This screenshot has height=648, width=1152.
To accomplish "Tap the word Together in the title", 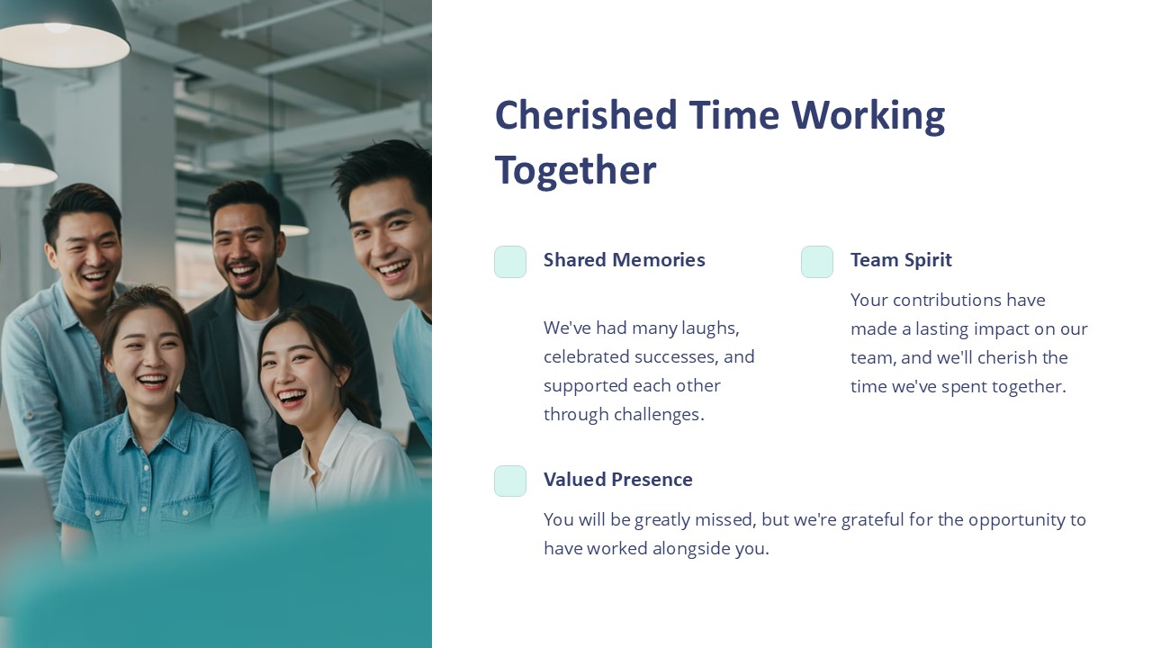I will pos(575,170).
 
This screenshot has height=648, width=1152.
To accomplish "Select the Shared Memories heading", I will pos(624,260).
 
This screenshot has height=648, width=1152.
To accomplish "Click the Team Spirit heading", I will pos(900,260).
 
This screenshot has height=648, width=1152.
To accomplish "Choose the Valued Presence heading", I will pos(617,480).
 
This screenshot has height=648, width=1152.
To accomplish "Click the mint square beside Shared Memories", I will pos(510,262).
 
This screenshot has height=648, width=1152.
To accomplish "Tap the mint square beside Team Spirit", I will pos(817,262).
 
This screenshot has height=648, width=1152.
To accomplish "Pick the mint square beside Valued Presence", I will pos(510,481).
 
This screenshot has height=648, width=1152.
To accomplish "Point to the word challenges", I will pos(658,415).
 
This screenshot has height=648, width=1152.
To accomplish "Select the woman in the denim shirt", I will pos(153,423).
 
